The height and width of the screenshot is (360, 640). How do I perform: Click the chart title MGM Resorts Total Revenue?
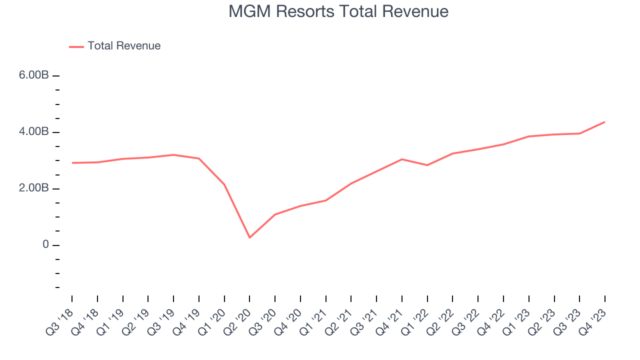tap(338, 11)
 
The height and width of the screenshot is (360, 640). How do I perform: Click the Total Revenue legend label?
tap(124, 46)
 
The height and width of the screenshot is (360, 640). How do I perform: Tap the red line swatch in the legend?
tap(76, 46)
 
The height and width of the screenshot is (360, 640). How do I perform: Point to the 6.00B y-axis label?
tap(34, 75)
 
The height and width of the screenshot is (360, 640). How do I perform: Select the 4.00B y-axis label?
tap(34, 132)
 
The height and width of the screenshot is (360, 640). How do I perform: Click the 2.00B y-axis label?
tap(34, 188)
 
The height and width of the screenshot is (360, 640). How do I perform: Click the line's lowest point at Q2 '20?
tap(249, 237)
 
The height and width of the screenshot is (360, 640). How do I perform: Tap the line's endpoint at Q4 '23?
tap(604, 122)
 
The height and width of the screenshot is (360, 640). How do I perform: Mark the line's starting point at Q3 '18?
tap(72, 163)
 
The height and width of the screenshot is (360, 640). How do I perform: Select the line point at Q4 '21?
tap(402, 159)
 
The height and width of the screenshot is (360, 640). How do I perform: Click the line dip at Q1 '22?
tap(427, 165)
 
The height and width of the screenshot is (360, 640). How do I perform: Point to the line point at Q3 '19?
tap(173, 155)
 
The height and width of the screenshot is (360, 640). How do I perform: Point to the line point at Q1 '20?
tap(224, 184)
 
